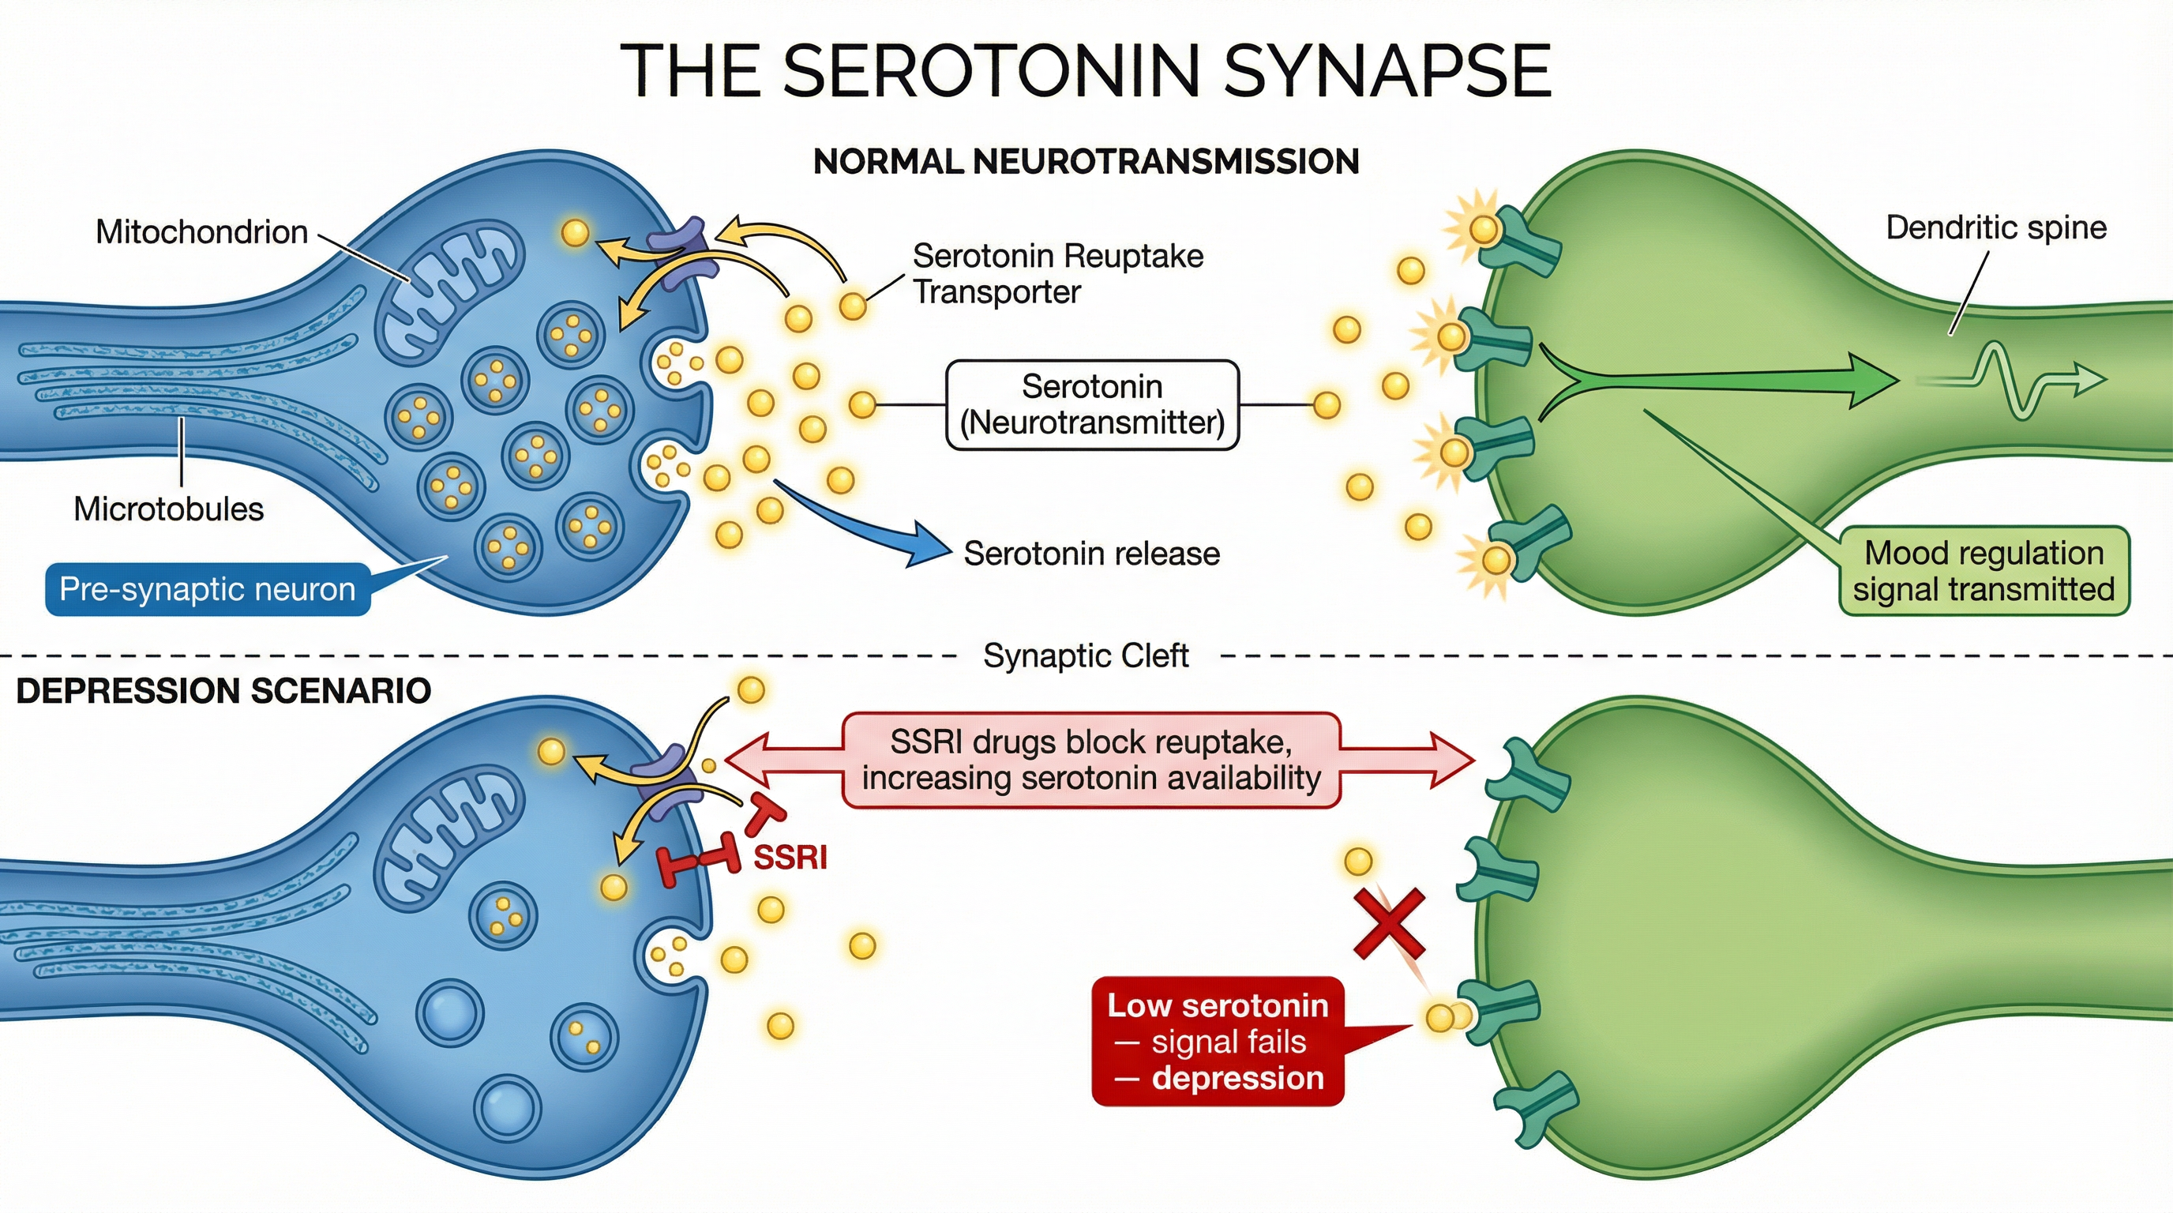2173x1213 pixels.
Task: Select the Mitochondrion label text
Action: point(201,232)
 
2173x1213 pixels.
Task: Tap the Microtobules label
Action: point(169,509)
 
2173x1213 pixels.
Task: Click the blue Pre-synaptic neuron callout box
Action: point(208,589)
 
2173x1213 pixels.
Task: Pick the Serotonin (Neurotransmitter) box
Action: point(1092,405)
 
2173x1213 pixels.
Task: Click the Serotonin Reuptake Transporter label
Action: point(1058,273)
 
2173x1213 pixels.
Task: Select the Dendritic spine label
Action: point(1996,227)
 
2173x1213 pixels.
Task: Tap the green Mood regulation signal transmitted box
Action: point(1984,571)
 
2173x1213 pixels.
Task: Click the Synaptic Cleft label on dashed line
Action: point(1086,655)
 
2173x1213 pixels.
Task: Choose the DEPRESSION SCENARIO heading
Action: point(223,691)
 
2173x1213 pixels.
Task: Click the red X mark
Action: point(1390,925)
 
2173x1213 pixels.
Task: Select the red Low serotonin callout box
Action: point(1218,1042)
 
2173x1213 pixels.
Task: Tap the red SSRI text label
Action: point(790,858)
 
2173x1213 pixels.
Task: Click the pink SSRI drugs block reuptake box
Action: point(1090,760)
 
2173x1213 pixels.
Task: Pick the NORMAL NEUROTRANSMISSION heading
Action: point(1086,162)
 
